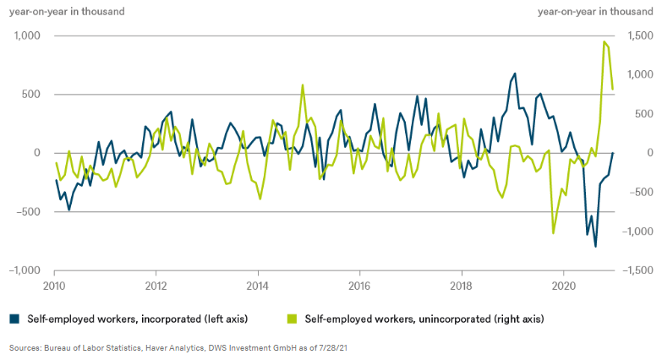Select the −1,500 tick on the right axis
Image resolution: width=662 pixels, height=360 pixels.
click(x=635, y=270)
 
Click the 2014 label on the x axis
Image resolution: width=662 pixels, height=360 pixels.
click(x=258, y=286)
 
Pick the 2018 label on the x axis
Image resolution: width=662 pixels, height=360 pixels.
click(x=462, y=286)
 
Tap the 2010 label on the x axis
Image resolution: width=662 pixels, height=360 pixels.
click(x=54, y=286)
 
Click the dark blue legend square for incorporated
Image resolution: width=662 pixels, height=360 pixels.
click(x=14, y=319)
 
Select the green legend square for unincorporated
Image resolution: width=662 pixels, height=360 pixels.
click(x=293, y=319)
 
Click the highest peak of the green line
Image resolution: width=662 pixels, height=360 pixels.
click(x=604, y=41)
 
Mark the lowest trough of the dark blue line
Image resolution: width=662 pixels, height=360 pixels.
click(x=595, y=247)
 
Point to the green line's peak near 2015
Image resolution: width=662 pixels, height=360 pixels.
click(x=303, y=85)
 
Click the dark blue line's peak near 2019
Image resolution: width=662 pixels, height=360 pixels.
click(x=514, y=74)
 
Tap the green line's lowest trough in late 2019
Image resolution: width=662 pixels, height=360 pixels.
click(x=553, y=233)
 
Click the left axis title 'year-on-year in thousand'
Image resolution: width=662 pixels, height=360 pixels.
click(x=67, y=11)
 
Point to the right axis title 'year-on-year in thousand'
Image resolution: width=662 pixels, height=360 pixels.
click(x=594, y=11)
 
